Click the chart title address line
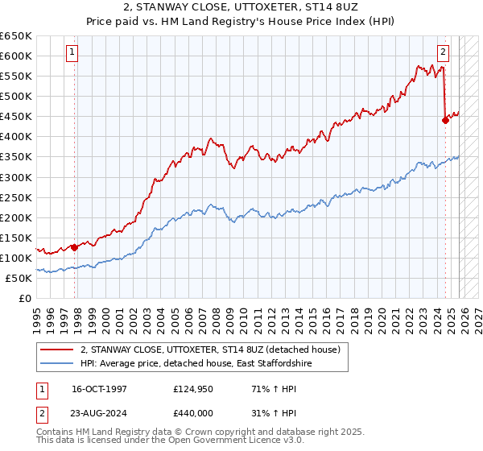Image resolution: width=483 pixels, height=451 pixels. (241, 7)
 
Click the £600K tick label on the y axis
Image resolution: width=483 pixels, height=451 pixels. (16, 56)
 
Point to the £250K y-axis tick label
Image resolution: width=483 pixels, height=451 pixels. (16, 197)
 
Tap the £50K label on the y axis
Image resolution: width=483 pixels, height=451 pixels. (19, 278)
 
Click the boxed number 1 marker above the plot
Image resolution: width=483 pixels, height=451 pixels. (72, 52)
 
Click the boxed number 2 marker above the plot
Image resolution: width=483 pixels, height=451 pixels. (442, 52)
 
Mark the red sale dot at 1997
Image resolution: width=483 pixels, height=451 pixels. (74, 247)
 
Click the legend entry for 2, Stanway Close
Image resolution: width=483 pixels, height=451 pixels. (211, 350)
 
